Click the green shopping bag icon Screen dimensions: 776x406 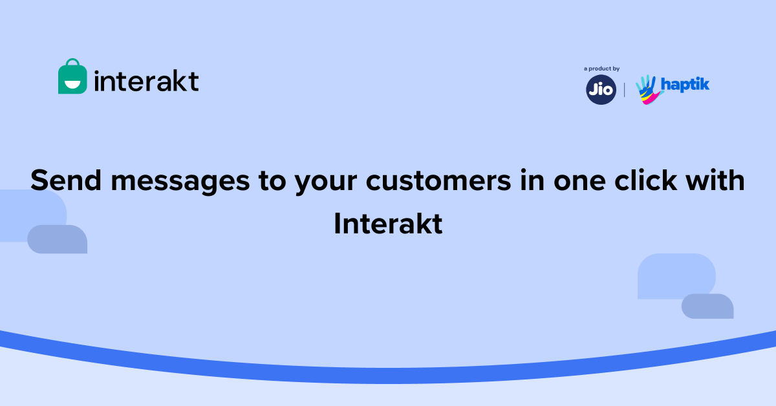pyautogui.click(x=72, y=76)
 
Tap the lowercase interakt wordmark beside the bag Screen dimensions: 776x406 pyautogui.click(x=147, y=81)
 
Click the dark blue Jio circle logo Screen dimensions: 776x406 pyautogui.click(x=601, y=90)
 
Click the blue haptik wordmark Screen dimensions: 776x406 pyautogui.click(x=685, y=85)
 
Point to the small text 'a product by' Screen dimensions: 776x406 pyautogui.click(x=602, y=69)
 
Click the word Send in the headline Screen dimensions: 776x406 pyautogui.click(x=66, y=180)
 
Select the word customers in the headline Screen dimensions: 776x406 pyautogui.click(x=438, y=181)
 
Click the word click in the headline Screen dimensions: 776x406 pyautogui.click(x=645, y=180)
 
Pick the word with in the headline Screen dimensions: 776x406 pyautogui.click(x=715, y=180)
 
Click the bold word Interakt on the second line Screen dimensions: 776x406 pyautogui.click(x=388, y=224)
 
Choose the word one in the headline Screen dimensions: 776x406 pyautogui.click(x=579, y=182)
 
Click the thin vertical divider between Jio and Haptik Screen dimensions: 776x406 pyautogui.click(x=624, y=90)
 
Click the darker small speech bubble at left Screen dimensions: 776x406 pyautogui.click(x=57, y=239)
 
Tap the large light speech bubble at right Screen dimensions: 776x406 pyautogui.click(x=676, y=275)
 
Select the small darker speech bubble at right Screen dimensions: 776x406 pyautogui.click(x=707, y=306)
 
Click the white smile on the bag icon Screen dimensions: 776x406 pyautogui.click(x=72, y=84)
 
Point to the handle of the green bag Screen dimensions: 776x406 pyautogui.click(x=72, y=61)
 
